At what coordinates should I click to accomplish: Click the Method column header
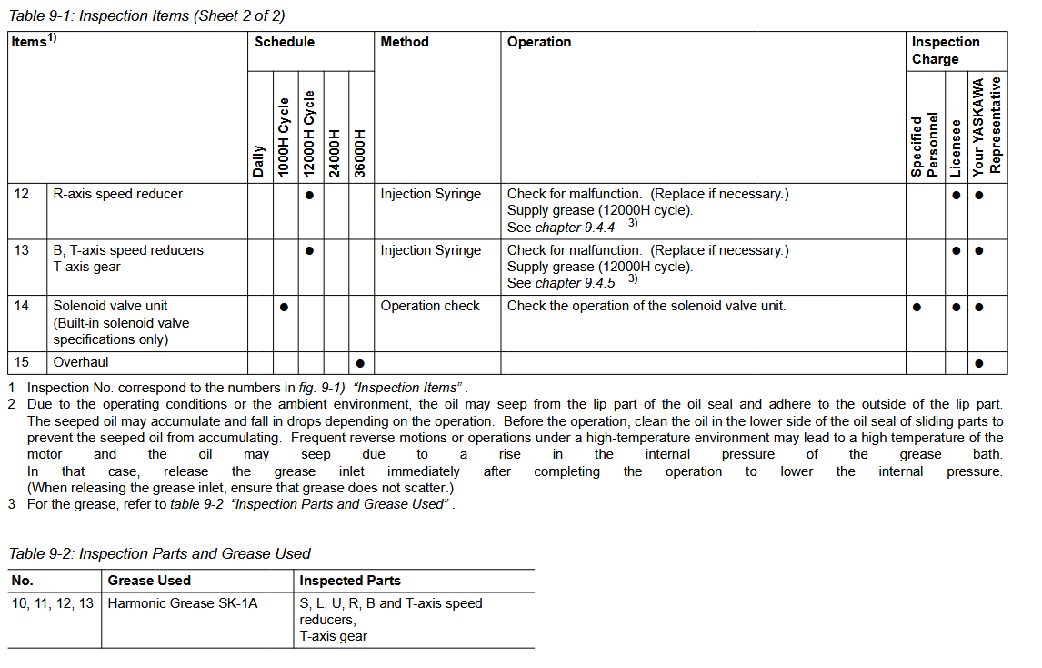[x=405, y=42]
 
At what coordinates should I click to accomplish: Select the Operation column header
[x=539, y=42]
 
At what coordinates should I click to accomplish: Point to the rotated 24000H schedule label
[x=335, y=153]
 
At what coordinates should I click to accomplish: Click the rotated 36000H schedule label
[x=360, y=153]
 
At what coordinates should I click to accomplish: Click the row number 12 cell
[x=22, y=194]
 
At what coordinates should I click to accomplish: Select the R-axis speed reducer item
[x=117, y=194]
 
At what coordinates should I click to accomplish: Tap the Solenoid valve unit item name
[x=110, y=306]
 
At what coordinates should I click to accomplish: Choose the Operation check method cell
[x=430, y=306]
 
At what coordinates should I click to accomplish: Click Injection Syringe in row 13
[x=430, y=250]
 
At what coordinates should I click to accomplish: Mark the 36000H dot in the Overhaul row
[x=360, y=363]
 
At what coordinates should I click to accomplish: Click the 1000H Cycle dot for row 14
[x=284, y=307]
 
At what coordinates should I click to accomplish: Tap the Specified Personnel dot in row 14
[x=917, y=307]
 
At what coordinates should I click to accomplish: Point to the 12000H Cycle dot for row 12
[x=309, y=195]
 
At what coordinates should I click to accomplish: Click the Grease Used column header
[x=149, y=581]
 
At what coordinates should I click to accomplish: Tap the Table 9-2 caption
[x=159, y=553]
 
